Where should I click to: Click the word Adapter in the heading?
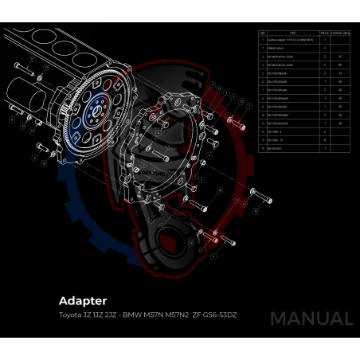coord(83,301)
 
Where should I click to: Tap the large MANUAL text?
coord(311,319)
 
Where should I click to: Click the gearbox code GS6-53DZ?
coord(220,315)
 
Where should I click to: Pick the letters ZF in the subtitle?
coord(197,315)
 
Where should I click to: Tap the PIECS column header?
coord(326,33)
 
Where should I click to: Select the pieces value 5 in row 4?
coord(326,65)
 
